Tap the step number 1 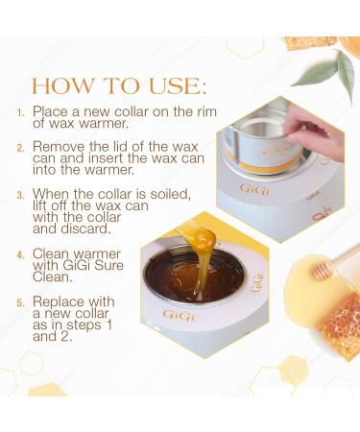point(22,112)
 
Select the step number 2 point(22,148)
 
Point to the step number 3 point(22,195)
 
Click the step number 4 point(22,255)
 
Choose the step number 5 point(22,302)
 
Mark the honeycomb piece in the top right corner point(309,42)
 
